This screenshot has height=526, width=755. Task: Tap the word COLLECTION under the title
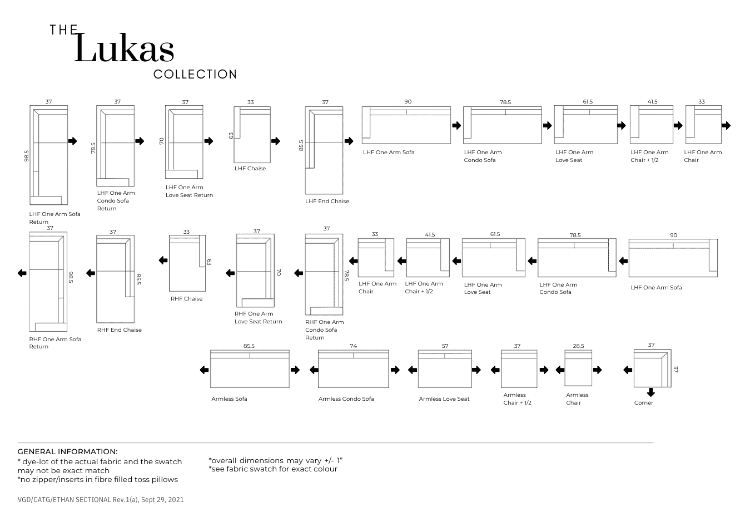[195, 75]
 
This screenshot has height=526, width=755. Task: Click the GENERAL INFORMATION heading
[67, 452]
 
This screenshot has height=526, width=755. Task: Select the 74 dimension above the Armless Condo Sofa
[353, 346]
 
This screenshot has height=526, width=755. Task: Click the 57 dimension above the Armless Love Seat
[445, 346]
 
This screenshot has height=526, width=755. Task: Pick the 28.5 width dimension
[578, 346]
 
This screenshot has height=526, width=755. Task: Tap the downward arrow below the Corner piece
[651, 392]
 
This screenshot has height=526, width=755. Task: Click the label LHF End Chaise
[327, 201]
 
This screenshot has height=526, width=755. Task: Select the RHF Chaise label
[186, 299]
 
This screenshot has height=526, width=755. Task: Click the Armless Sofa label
[229, 399]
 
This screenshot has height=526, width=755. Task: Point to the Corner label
[644, 403]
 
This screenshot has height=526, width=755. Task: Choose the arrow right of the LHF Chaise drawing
[276, 141]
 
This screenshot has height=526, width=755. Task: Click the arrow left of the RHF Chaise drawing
[163, 260]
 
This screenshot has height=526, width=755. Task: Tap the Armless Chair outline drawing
[578, 368]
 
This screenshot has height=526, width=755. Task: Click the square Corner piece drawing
[652, 368]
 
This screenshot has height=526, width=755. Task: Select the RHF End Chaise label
[119, 330]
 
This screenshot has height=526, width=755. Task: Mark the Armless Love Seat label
[444, 399]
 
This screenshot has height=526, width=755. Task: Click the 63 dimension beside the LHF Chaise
[231, 135]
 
